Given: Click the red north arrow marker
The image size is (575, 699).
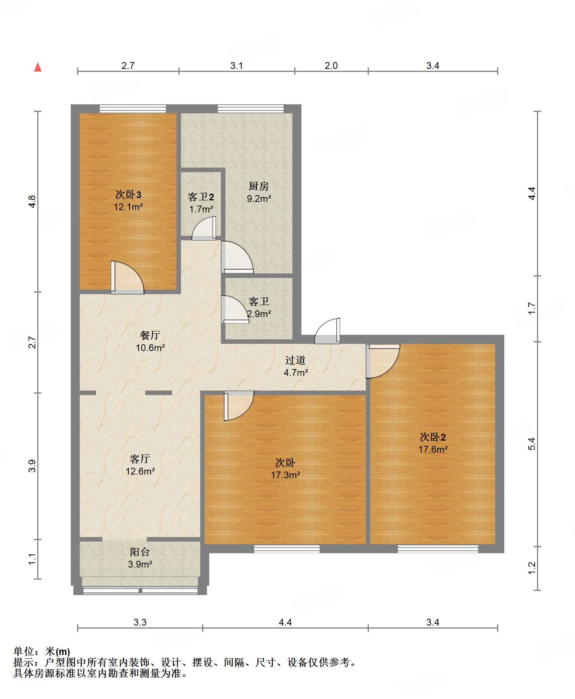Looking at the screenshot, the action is [x=38, y=67].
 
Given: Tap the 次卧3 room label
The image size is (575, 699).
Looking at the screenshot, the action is [x=128, y=194].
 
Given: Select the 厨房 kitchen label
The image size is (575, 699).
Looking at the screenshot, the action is [x=259, y=186].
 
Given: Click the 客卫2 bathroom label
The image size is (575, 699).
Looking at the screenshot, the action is [x=201, y=197].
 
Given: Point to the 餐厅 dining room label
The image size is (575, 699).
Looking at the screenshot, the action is [x=150, y=335].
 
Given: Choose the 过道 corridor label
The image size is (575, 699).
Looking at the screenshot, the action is [x=295, y=360].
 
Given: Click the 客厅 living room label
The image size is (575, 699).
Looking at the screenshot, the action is [x=140, y=459].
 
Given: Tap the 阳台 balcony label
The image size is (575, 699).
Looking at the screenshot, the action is [x=140, y=552].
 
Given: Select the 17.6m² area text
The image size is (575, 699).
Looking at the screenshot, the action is [x=433, y=449].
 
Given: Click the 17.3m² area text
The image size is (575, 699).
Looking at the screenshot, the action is [x=286, y=475].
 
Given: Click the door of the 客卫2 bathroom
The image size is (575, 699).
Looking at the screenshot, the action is [x=204, y=228].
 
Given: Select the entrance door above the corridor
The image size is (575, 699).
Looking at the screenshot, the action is [x=327, y=331].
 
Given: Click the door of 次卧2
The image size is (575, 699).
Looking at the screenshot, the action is [x=383, y=361].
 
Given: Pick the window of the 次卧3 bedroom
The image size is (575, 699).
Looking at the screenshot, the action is [x=133, y=108].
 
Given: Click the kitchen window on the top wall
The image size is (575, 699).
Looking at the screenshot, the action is [x=251, y=108].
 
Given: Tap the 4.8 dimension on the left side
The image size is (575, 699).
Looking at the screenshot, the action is [x=33, y=201].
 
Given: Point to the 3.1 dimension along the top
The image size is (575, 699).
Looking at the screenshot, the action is [x=237, y=66].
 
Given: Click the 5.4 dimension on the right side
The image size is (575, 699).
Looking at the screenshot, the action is [x=532, y=444].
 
